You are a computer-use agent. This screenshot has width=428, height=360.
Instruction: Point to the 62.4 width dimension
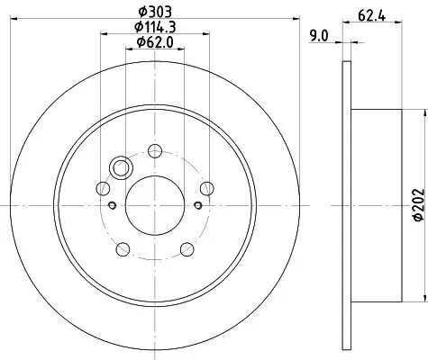tap(366, 14)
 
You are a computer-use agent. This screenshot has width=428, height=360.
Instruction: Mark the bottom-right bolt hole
tap(186, 248)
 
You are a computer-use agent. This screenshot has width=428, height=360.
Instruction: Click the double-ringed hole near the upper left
tap(121, 167)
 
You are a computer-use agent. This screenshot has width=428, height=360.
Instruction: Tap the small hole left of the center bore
tap(113, 204)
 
